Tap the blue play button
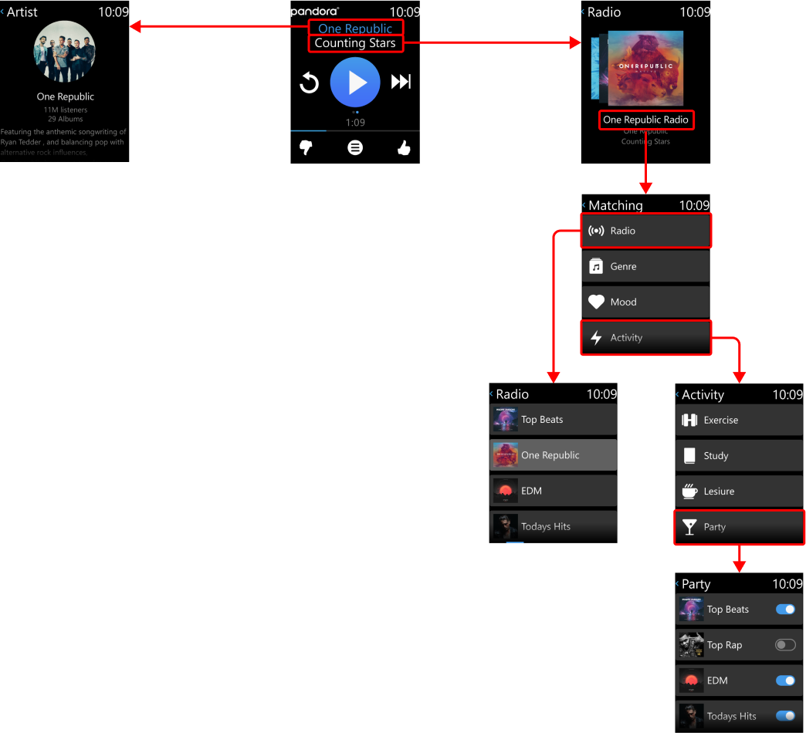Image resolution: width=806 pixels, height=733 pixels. tap(355, 82)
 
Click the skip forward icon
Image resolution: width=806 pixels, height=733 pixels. tap(401, 82)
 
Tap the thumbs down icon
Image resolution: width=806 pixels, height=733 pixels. tap(306, 147)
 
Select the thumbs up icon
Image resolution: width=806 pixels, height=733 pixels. tap(404, 147)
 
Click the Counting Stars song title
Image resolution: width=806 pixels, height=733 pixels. tap(355, 43)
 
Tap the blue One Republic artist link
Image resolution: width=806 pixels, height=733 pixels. tap(355, 29)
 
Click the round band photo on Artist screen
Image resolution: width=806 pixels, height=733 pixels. tap(65, 52)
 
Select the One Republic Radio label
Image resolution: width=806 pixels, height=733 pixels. tap(645, 120)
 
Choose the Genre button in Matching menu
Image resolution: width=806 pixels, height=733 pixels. tap(645, 266)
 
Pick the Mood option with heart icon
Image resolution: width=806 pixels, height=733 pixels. tap(645, 302)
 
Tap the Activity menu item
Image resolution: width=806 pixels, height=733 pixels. tap(645, 337)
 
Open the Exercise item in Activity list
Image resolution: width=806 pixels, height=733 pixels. tap(739, 421)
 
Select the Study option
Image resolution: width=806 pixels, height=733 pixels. tap(739, 456)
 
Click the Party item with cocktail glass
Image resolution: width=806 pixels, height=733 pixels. tap(739, 527)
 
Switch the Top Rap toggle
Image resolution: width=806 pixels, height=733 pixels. tap(785, 645)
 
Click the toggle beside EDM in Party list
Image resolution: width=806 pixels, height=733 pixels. tap(785, 681)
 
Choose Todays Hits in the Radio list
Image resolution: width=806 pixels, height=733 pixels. tap(553, 526)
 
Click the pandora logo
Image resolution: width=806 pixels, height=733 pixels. tap(314, 12)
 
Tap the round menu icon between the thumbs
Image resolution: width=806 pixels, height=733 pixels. tap(355, 147)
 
